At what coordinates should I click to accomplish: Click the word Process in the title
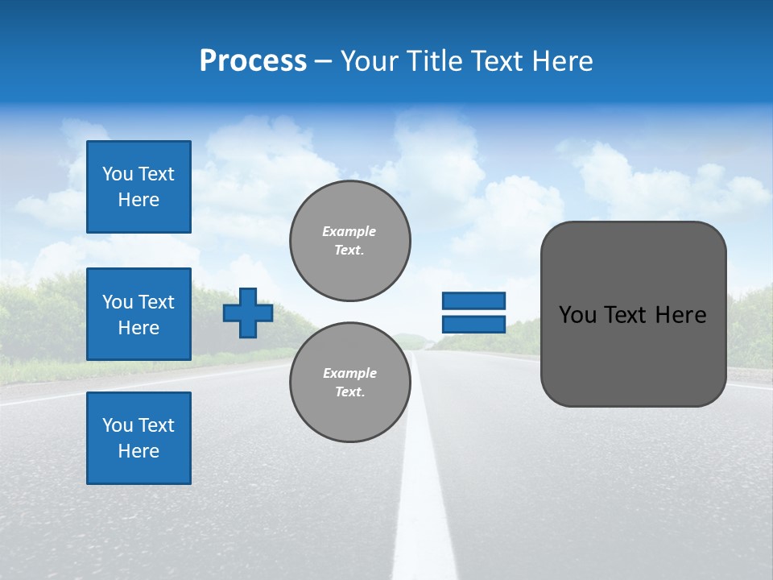253,61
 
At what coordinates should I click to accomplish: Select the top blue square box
138,187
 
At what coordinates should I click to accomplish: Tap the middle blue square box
138,314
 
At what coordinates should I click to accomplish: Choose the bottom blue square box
138,438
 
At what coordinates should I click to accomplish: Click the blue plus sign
248,313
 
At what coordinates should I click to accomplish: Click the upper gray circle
349,240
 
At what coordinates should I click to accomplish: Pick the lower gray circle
349,383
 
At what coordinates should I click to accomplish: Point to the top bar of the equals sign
474,300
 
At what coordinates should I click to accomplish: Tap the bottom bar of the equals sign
474,325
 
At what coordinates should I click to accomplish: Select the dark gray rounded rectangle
633,354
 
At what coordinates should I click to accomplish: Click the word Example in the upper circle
349,231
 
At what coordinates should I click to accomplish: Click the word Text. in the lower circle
349,392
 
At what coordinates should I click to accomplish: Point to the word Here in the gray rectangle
680,315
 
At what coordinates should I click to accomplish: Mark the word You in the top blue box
118,174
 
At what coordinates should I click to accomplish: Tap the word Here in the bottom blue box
138,451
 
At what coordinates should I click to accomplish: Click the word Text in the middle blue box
156,302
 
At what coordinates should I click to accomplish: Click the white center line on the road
424,499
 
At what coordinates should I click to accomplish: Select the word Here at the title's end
564,61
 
